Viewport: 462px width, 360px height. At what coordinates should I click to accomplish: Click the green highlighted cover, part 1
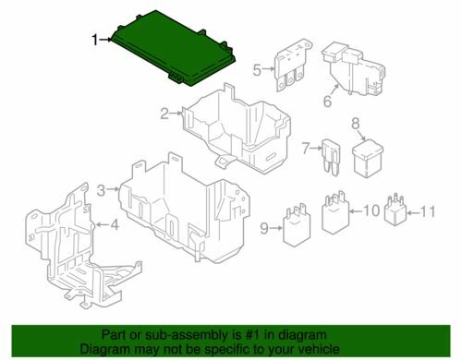point(173,49)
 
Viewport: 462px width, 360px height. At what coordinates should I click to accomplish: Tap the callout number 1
point(95,40)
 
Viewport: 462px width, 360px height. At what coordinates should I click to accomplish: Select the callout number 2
point(164,114)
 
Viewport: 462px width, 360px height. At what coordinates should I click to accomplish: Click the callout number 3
point(102,190)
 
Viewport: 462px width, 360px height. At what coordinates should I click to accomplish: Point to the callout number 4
point(115,225)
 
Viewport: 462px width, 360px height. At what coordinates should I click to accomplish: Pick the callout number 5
point(257,70)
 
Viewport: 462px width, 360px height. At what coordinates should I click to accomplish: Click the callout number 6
point(327,101)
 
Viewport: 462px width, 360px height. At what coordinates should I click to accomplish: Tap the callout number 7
point(306,149)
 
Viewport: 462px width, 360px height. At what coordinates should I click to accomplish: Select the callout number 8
point(356,124)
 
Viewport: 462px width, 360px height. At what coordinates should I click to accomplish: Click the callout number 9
point(264,229)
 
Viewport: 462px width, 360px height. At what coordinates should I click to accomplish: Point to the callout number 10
point(371,211)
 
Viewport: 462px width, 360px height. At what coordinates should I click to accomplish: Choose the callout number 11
point(428,211)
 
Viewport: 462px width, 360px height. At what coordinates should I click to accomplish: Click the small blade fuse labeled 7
point(332,158)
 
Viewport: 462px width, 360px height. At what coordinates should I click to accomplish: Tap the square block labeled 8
point(368,160)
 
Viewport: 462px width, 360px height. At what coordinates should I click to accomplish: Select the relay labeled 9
point(297,225)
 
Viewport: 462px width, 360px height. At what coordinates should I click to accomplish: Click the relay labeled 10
point(335,213)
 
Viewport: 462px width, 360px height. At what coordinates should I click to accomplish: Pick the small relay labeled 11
point(395,210)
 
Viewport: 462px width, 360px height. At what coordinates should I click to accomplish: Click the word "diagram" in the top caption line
point(304,335)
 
